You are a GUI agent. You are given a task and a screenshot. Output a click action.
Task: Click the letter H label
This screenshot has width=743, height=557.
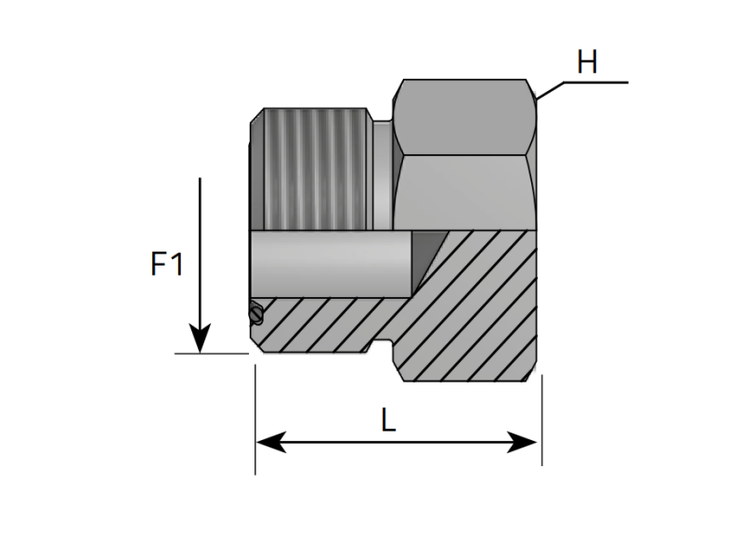587,63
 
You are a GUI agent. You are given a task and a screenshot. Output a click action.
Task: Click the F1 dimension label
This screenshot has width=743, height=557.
167,266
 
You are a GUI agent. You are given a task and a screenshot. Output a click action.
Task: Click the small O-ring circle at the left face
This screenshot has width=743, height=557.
255,315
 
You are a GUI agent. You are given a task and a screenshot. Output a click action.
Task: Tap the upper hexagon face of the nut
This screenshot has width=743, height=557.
464,116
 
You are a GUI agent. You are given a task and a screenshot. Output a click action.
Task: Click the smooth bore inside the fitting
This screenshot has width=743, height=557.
330,262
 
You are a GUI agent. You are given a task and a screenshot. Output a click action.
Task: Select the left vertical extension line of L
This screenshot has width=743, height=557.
255,418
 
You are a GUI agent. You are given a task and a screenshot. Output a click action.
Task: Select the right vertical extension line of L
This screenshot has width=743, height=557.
541,418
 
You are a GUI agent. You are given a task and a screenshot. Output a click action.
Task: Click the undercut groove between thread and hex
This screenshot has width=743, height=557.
383,176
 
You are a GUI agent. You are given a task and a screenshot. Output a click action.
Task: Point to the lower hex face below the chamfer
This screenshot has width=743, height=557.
464,190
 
